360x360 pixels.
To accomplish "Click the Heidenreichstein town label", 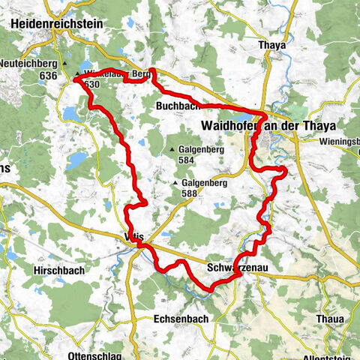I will point(52,22).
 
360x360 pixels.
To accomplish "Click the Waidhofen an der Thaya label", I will point(268,124).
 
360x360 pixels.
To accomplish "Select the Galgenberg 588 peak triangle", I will point(175,182).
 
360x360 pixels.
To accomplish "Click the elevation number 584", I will point(191,159).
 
